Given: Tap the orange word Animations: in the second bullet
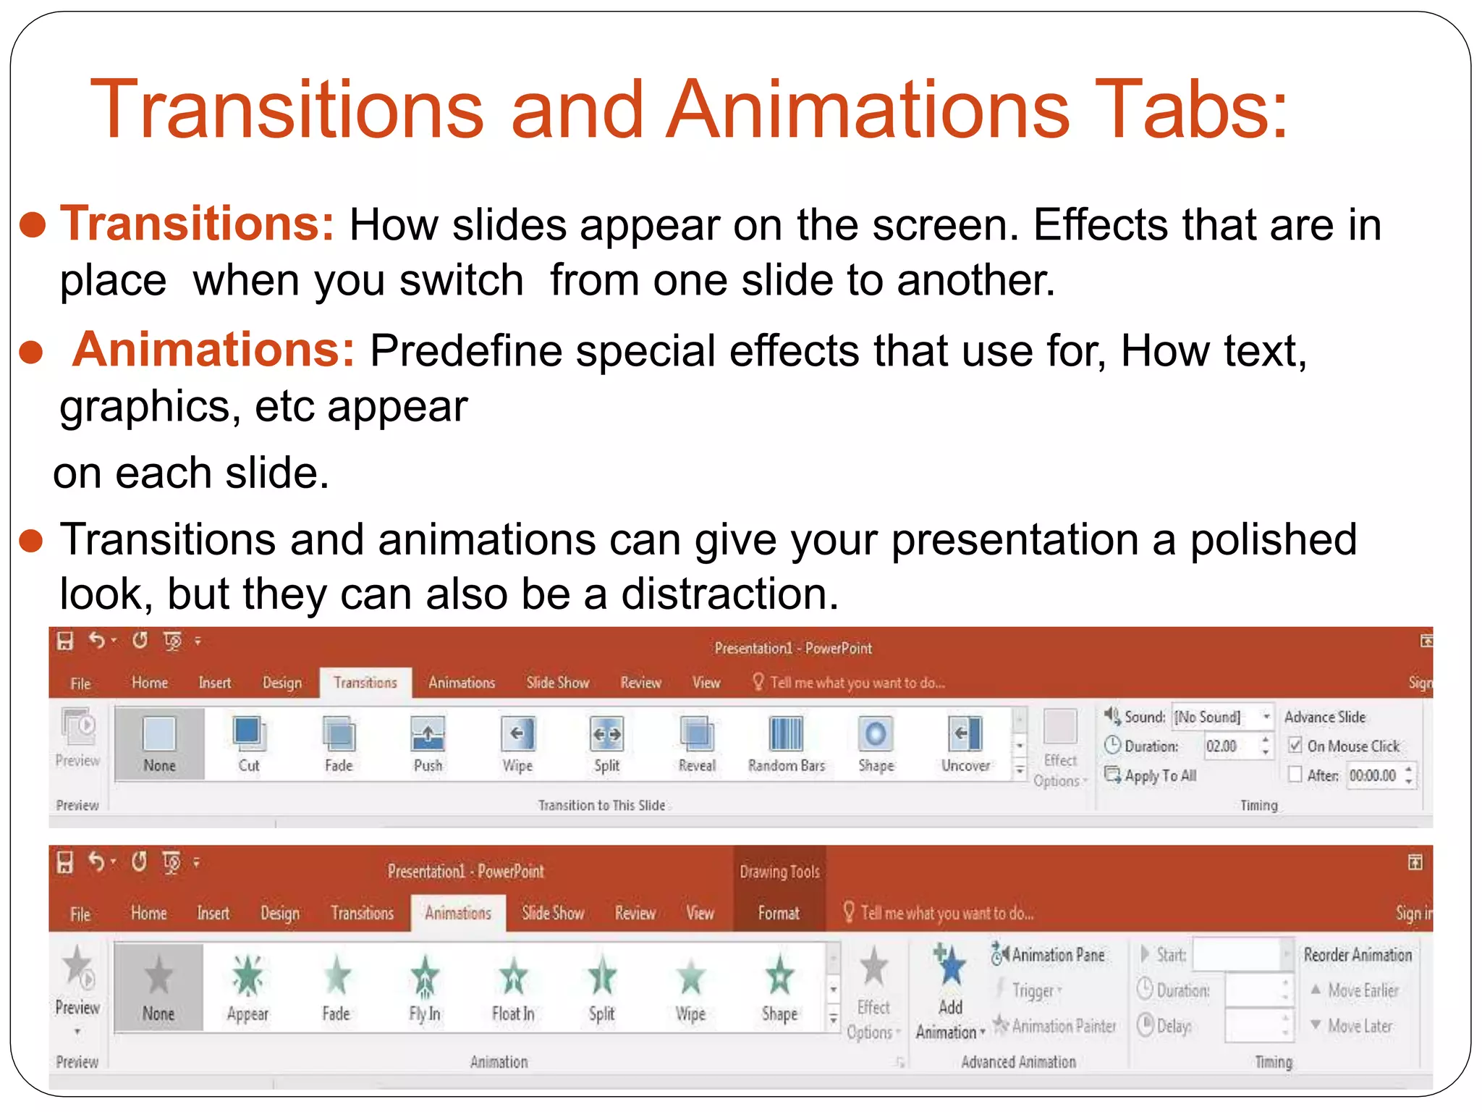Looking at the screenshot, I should [213, 350].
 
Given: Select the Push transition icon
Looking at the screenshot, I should [428, 734].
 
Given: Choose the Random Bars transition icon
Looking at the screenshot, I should [786, 734].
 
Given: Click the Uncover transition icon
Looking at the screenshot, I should [965, 734].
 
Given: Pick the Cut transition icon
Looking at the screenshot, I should [249, 734].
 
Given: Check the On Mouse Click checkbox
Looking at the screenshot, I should [1295, 746].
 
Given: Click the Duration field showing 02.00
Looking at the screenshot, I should [1230, 746].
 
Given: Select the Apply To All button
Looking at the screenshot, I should [1151, 775].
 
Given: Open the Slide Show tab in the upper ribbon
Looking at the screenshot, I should [557, 683].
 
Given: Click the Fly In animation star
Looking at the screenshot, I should [425, 977].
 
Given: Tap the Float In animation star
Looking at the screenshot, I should [513, 977].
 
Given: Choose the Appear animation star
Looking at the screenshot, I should [247, 977].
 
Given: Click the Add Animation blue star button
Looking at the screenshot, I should [950, 966].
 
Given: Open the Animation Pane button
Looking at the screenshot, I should [1049, 955].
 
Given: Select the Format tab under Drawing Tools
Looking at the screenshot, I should [779, 914].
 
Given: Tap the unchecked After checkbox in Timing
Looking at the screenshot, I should [1295, 775].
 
